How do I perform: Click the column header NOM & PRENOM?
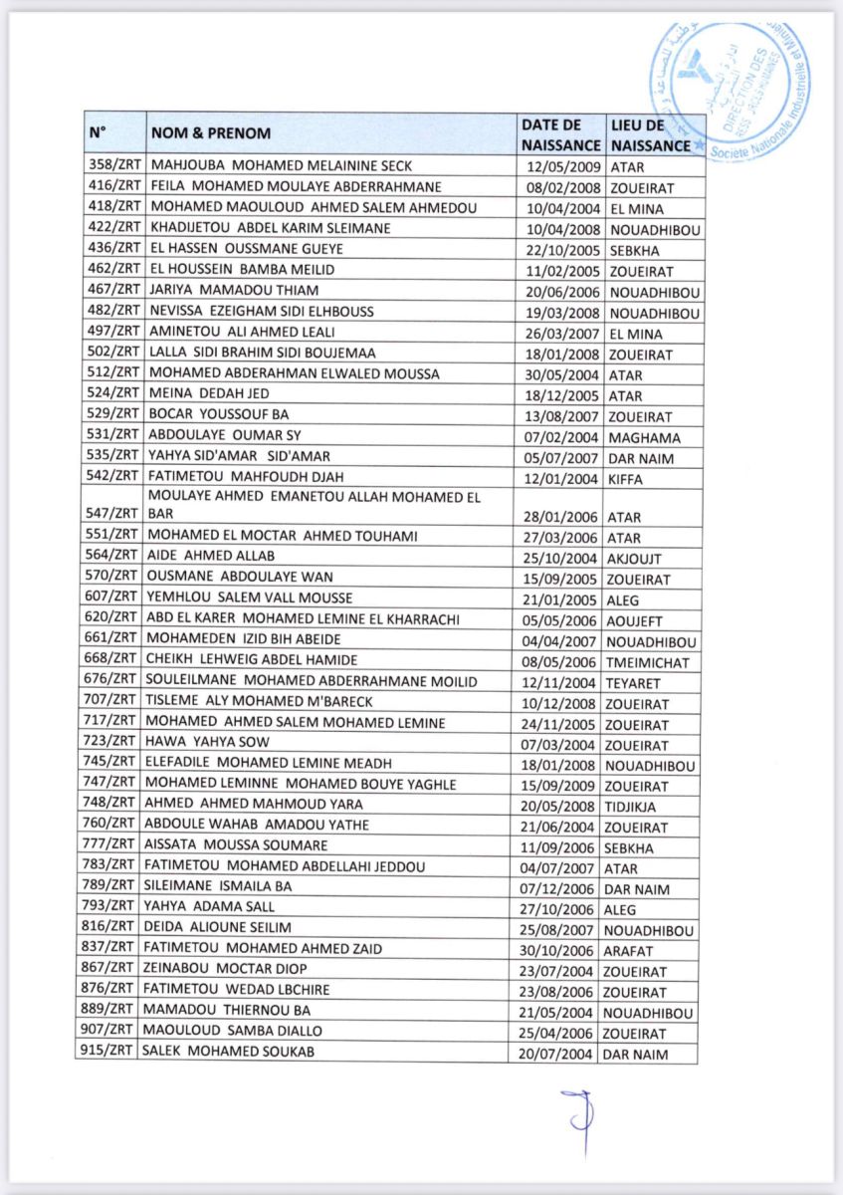coord(211,133)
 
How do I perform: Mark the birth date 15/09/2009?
coord(558,785)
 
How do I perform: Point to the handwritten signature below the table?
coord(576,1120)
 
